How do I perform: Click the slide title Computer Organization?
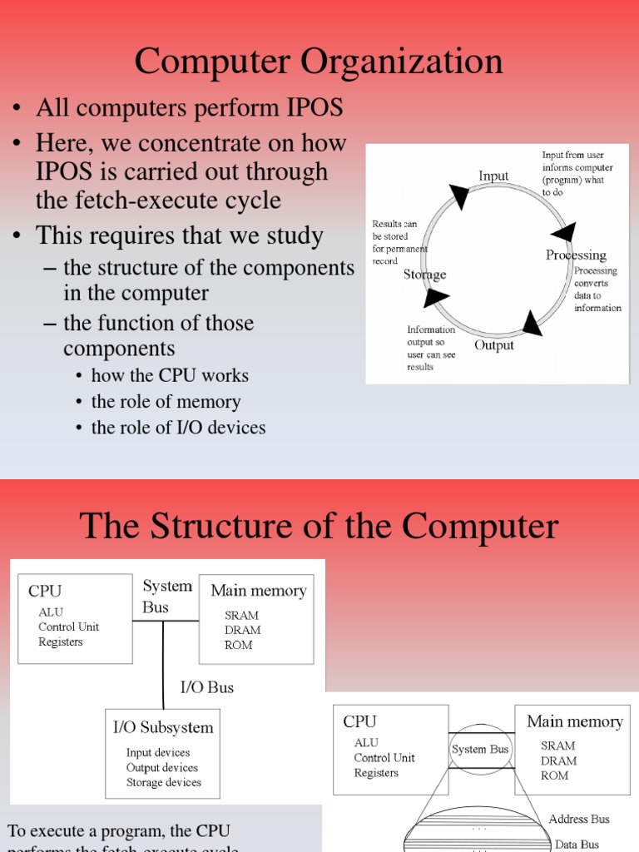point(319,62)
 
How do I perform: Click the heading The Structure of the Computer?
point(319,526)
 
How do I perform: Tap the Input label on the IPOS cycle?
point(493,176)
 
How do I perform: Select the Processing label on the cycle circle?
point(576,255)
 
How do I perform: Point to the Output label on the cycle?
point(494,344)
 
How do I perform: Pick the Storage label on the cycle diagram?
point(425,274)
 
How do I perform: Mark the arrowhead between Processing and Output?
point(531,322)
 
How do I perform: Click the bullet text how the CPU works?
point(170,375)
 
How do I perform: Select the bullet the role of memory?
point(166,402)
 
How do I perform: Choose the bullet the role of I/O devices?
point(178,428)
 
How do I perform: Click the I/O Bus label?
point(207,687)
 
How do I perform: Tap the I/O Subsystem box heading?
point(163,727)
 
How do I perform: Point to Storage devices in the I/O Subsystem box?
point(164,782)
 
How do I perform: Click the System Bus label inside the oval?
point(480,750)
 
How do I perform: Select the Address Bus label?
point(579,820)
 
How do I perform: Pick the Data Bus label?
point(577,845)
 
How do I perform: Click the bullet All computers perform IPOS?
point(189,107)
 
